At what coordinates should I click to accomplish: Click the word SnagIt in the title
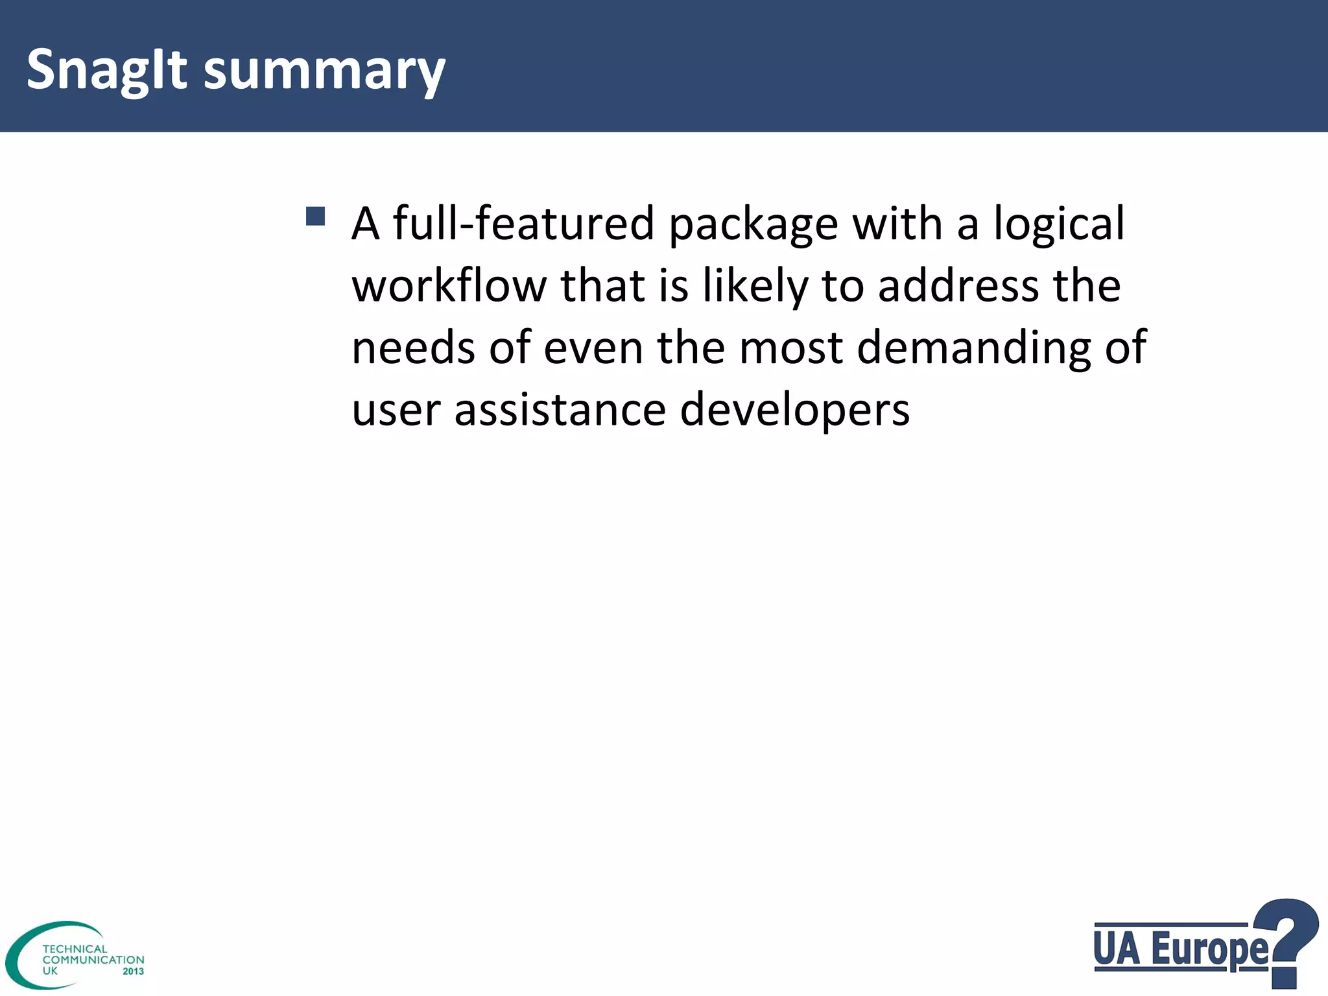106,70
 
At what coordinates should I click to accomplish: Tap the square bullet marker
315,217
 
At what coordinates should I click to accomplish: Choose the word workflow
449,286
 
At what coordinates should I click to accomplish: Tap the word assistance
560,410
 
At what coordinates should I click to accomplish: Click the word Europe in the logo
1209,951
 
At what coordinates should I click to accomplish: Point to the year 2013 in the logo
133,971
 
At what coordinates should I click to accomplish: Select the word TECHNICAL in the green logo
75,949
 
